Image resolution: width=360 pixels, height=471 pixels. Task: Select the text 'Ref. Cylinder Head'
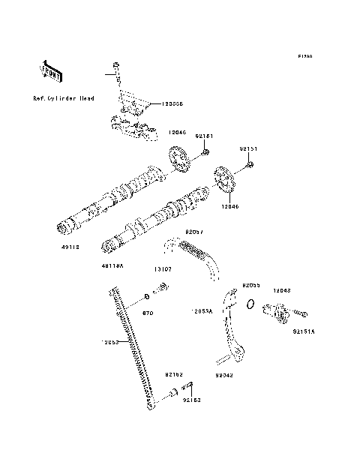(64, 98)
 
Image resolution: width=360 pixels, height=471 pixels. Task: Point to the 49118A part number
(113, 265)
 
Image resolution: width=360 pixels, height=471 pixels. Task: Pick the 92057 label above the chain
(196, 233)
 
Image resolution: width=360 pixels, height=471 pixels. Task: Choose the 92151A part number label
(304, 329)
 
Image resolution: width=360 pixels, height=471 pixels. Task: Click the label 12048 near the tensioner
(282, 289)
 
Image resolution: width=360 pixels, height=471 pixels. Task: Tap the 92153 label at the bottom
(192, 401)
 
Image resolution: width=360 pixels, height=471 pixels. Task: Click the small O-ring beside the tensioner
(253, 304)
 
